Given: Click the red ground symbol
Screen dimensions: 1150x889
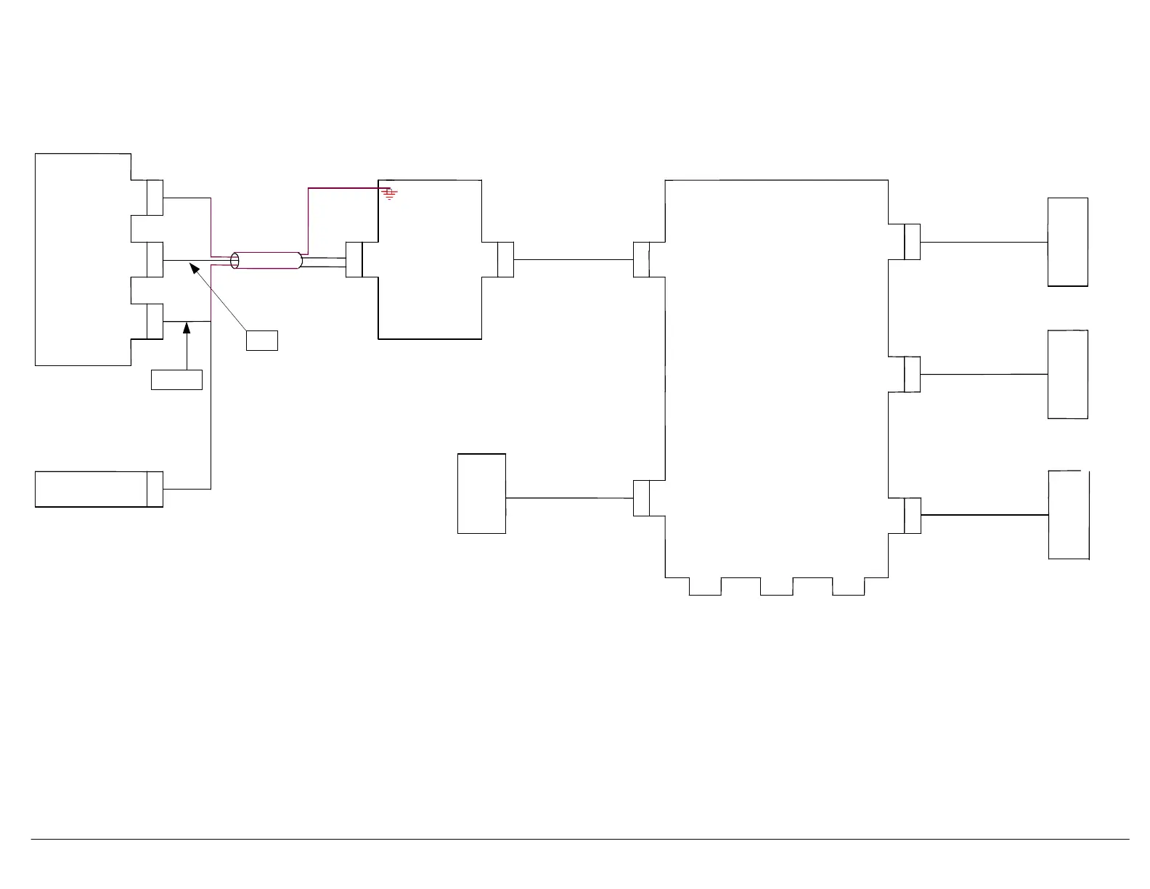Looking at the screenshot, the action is (390, 193).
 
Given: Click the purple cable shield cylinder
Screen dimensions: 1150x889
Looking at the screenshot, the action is (266, 260).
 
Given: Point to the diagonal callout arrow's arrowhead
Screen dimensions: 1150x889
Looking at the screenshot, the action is (194, 269).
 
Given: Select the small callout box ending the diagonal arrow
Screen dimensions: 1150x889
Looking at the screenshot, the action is (261, 340).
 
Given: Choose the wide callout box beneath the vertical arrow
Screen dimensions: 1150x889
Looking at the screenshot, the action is (176, 379).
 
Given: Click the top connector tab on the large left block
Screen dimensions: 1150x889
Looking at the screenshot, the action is (155, 198).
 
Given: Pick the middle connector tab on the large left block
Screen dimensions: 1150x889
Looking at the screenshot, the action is (155, 259).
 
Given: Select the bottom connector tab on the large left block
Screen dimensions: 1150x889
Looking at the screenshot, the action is (155, 321).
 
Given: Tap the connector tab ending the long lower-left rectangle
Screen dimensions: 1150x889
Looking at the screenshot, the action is (155, 489).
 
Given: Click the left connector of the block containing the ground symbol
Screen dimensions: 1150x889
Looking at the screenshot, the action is (354, 259).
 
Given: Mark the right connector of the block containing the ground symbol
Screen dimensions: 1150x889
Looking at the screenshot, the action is (506, 259).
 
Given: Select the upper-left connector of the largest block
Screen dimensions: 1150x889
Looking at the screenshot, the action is (642, 259).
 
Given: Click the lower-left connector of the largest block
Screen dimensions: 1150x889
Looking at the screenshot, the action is (642, 498).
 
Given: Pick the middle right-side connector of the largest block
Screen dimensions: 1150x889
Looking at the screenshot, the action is (913, 374).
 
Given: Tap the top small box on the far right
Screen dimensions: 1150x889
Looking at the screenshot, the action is (1067, 242).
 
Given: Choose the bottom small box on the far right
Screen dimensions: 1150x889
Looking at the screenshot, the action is (1069, 515).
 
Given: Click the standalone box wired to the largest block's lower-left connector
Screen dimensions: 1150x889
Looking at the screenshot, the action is (481, 494).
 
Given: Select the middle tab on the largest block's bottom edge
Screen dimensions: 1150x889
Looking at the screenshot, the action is (777, 586).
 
